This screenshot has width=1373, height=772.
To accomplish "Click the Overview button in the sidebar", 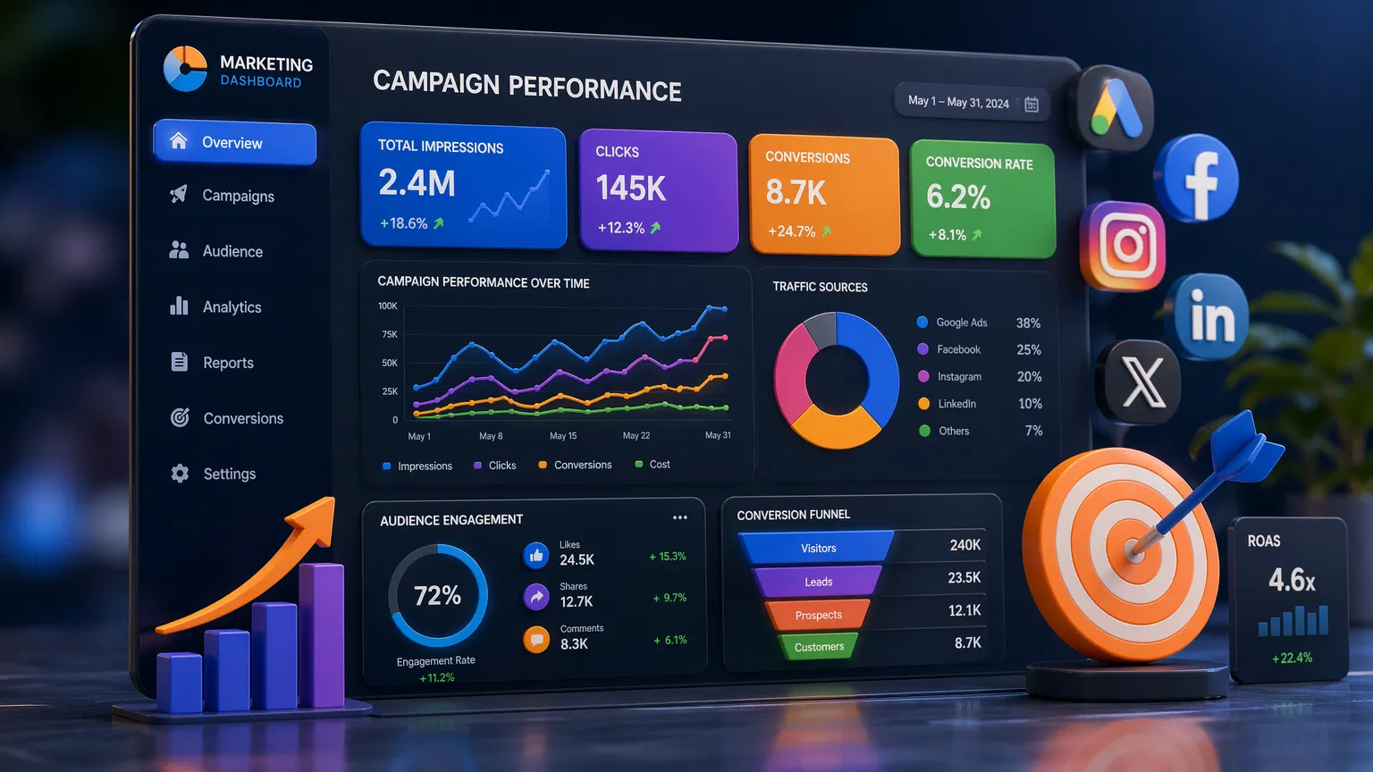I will pos(234,143).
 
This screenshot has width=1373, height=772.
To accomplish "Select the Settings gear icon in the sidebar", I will pos(180,474).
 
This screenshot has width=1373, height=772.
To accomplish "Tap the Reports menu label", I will pos(228,363).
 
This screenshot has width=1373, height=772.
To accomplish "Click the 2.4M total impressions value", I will pos(417,183).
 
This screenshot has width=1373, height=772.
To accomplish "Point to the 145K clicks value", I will pos(631,189).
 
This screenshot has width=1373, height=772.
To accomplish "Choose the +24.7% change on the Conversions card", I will pos(791,231).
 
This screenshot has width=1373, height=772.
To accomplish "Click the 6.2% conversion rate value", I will pos(958,197).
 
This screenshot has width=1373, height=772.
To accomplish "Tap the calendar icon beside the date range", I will pos(1031,105).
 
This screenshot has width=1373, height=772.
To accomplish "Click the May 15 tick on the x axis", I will pos(563,436).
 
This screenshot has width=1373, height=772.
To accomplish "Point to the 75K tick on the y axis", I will pos(389,334).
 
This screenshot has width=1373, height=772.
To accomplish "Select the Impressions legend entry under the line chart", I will pos(417,466).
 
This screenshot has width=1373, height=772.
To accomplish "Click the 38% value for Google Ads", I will pos(1028,323).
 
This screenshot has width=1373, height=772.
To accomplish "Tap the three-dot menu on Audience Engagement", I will pos(679,517).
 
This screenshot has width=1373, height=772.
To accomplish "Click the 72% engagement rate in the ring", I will pos(437,596).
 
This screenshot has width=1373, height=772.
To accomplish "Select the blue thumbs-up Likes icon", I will pos(535,556).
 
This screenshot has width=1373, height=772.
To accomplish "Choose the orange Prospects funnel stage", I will pos(818,615).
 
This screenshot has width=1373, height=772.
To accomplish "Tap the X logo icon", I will pos(1141,382).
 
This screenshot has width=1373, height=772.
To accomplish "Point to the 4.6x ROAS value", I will pos(1292,581).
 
